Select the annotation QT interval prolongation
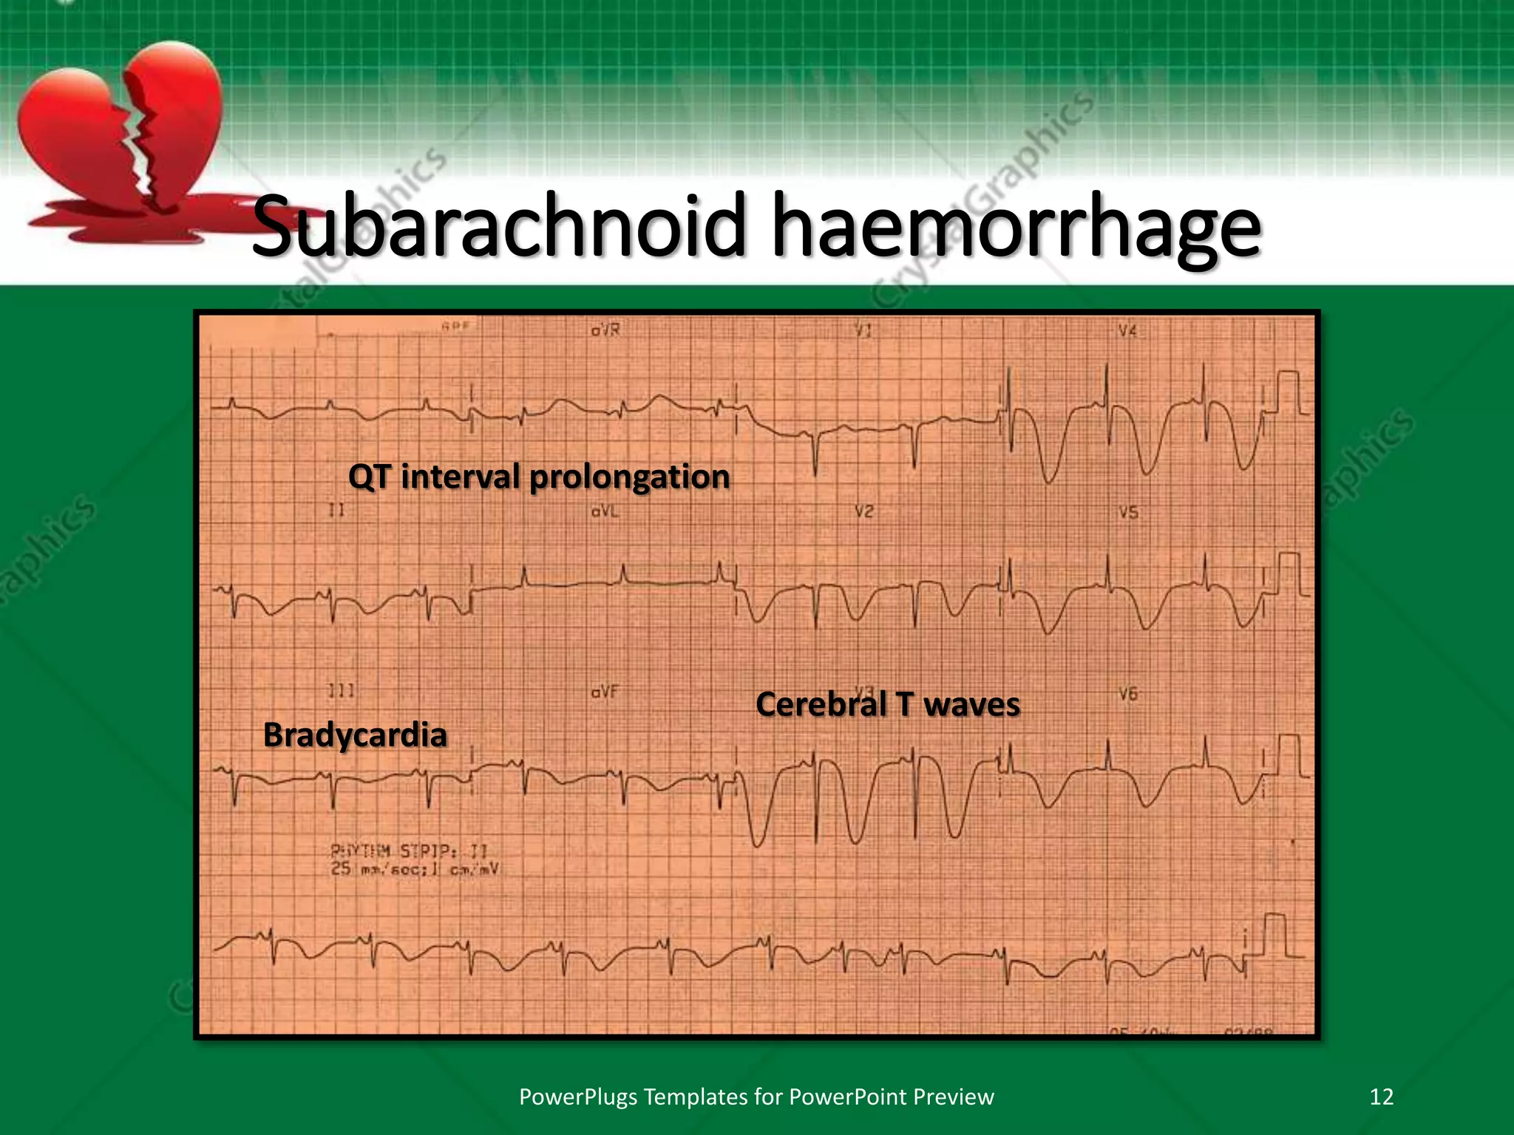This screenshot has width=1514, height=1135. pos(538,477)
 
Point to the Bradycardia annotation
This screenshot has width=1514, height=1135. pos(355,734)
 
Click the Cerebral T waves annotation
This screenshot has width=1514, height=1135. pos(887,704)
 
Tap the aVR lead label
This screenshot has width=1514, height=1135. pos(605,330)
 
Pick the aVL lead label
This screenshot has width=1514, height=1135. pos(605,511)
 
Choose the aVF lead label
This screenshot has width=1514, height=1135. pos(605,692)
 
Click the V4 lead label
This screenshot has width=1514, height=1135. pos(1127,331)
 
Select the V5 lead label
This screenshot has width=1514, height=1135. pos(1127,512)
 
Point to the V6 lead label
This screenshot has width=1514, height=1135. pos(1127,694)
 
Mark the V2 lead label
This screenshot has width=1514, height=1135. pos(863,511)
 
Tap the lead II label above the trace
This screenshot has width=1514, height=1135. pos(336,510)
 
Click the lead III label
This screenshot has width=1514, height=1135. pos(341,691)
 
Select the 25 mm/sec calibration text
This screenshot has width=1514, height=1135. pos(414,870)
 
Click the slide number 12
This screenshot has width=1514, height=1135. pos(1381,1097)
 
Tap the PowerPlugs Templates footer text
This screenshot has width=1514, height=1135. pos(756,1097)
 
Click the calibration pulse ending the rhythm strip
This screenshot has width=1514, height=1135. pos(1274,935)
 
